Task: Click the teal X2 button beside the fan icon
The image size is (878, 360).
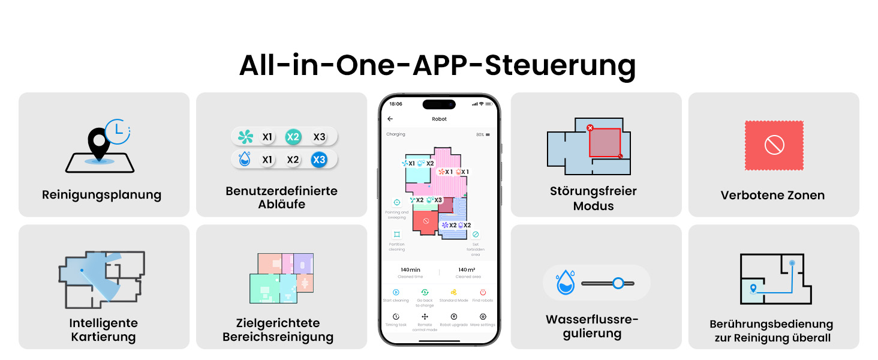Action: (293, 137)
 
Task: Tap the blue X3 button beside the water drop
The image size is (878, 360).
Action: (319, 160)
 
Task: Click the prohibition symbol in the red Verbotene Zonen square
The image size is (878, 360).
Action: (774, 145)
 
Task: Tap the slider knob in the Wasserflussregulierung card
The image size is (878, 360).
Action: (618, 283)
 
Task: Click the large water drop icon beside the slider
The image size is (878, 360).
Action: (564, 283)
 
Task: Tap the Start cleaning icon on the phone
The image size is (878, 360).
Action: (396, 292)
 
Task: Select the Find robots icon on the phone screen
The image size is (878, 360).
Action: (483, 292)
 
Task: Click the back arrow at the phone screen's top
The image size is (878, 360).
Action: (390, 119)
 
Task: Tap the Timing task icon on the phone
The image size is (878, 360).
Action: (396, 316)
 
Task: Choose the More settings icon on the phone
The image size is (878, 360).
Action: (483, 316)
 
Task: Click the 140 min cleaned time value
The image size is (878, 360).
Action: (410, 270)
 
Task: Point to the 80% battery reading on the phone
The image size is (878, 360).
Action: (480, 134)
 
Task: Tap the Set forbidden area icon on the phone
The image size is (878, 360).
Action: (476, 234)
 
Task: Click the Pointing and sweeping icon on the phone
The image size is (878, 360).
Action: (396, 203)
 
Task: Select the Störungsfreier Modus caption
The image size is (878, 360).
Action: (593, 199)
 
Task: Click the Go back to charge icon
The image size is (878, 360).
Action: (425, 292)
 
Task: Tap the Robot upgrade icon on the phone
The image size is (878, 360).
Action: (453, 316)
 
